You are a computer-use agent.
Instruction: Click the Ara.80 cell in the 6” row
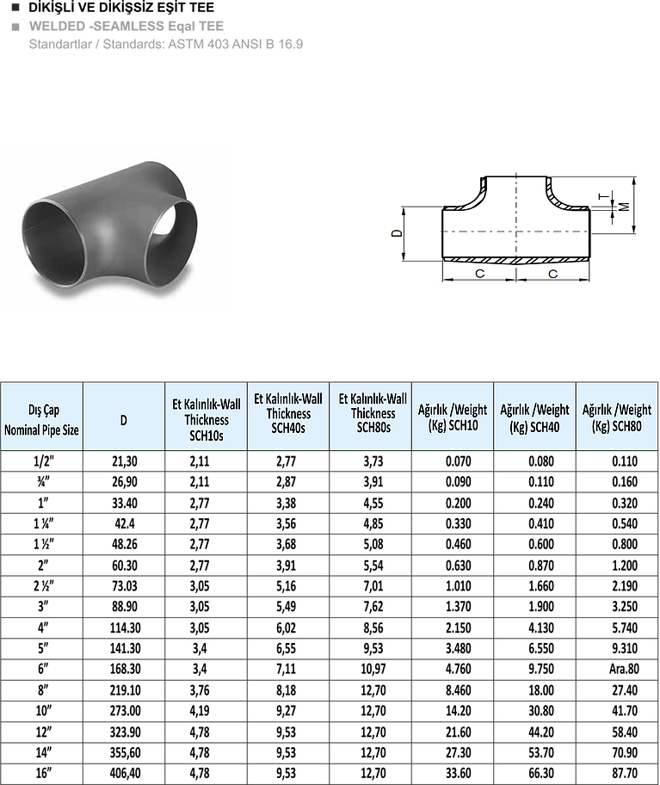point(624,669)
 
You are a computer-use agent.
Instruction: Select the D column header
point(124,420)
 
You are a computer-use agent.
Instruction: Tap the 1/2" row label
point(44,461)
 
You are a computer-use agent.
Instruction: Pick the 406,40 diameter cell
point(125,774)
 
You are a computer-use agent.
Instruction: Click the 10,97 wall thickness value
point(373,669)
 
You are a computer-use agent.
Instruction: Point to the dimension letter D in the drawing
point(397,233)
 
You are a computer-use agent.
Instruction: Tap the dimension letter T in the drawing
point(604,196)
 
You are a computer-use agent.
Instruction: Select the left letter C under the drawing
point(479,274)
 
